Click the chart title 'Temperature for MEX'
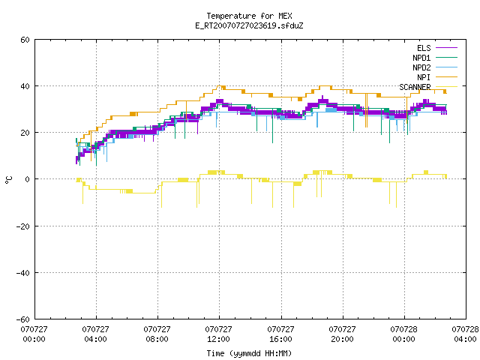point(249,16)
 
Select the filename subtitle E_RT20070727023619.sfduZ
point(249,25)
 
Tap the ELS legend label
point(424,48)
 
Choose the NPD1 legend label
point(421,58)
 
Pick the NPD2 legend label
point(421,67)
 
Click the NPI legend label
point(424,77)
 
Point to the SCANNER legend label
point(415,87)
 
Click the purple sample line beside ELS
point(446,48)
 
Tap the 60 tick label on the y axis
point(25,40)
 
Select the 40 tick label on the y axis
point(25,86)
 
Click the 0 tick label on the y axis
point(28,179)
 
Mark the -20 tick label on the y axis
point(23,226)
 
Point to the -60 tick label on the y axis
point(23,319)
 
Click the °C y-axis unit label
point(8,180)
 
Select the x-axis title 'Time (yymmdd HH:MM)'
point(249,353)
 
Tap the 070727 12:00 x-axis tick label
point(218,334)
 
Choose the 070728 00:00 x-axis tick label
point(403,334)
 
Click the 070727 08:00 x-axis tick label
point(157,334)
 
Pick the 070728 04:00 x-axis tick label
point(465,334)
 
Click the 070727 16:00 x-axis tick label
point(280,334)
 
